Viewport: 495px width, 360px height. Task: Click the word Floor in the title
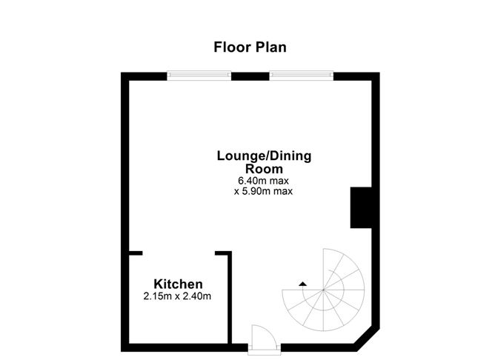230,47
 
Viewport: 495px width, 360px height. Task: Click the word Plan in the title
270,47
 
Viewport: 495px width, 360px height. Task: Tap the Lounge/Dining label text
264,156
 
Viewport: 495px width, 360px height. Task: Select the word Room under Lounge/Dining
264,169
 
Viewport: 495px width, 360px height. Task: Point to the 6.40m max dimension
264,180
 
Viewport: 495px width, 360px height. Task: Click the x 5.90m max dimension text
264,191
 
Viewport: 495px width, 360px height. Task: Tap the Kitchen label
178,284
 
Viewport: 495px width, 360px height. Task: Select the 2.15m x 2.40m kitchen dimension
178,297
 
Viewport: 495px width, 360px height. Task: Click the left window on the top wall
199,74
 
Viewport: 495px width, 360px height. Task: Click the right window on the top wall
301,74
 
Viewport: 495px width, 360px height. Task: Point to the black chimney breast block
361,207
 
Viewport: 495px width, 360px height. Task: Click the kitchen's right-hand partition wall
229,296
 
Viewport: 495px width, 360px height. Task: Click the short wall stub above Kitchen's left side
134,253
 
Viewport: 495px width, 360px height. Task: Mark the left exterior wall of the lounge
125,185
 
